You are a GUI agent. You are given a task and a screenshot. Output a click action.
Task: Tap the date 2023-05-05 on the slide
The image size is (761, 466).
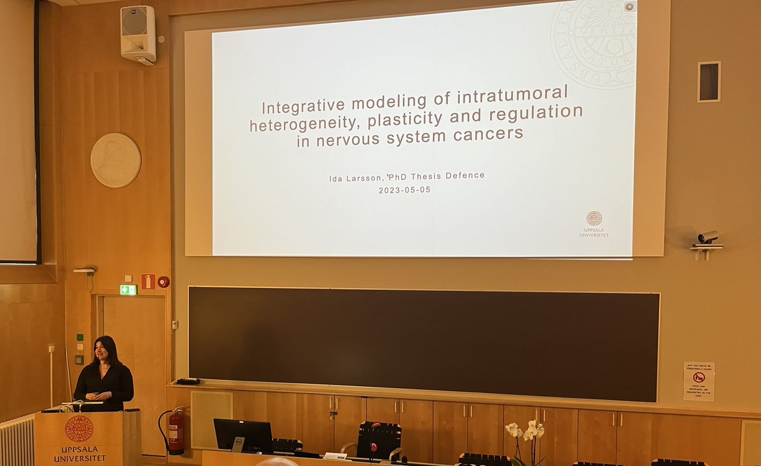point(404,190)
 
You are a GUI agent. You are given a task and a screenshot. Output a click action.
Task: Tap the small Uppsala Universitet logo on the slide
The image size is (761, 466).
point(594,219)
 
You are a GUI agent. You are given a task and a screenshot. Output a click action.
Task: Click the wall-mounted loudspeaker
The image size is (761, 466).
point(138,34)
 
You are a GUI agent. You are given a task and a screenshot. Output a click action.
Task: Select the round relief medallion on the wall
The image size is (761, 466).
point(115,160)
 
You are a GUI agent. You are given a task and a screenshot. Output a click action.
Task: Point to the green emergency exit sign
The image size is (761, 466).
point(128,290)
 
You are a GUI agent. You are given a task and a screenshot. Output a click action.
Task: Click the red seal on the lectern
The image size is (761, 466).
point(79,429)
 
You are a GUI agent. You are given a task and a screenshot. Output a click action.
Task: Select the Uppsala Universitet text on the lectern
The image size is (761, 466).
point(79,453)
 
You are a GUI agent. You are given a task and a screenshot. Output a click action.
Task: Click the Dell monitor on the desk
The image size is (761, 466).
point(242,434)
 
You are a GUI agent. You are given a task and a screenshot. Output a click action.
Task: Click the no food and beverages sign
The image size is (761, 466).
point(698,381)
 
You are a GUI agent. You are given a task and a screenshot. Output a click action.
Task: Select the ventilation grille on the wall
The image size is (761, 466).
point(708,82)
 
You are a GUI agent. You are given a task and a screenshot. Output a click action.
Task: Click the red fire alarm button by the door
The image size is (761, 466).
point(163,282)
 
